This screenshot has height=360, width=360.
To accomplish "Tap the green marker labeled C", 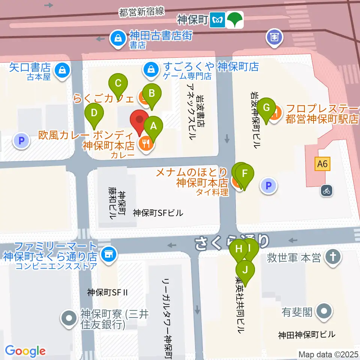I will point(118,83).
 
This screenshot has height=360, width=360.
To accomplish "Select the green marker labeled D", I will point(94,112).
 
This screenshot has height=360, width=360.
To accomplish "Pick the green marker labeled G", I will point(266,108).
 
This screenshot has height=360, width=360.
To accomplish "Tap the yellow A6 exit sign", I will point(322,164).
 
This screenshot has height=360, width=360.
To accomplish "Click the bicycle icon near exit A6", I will point(327,190).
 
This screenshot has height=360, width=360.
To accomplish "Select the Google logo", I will point(25,351).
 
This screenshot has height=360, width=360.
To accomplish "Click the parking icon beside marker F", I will point(268,185).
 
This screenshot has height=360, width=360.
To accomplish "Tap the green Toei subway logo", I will point(236,19).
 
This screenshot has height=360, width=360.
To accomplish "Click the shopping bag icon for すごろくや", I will point(151,69).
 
